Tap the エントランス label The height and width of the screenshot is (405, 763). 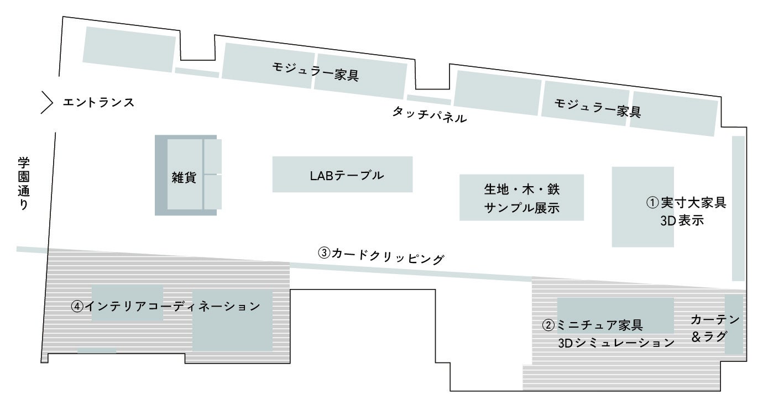pos(98,102)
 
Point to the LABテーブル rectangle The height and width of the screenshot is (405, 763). pos(342,175)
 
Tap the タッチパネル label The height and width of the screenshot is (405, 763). pos(430,114)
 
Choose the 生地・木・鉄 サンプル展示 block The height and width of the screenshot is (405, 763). pos(521,198)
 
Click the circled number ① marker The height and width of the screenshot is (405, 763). pos(652,203)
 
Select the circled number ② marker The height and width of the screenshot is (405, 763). pos(548,325)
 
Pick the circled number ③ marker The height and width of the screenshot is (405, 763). pos(324,253)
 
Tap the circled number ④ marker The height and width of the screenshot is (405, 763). pos(77,306)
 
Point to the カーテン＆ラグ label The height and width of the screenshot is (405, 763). pos(714,328)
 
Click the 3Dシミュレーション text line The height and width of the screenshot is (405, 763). pos(616,343)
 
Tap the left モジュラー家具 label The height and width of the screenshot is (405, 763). pos(315,71)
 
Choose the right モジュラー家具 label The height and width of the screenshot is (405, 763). pos(597,108)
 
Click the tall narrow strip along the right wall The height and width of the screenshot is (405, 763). pos(738,208)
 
